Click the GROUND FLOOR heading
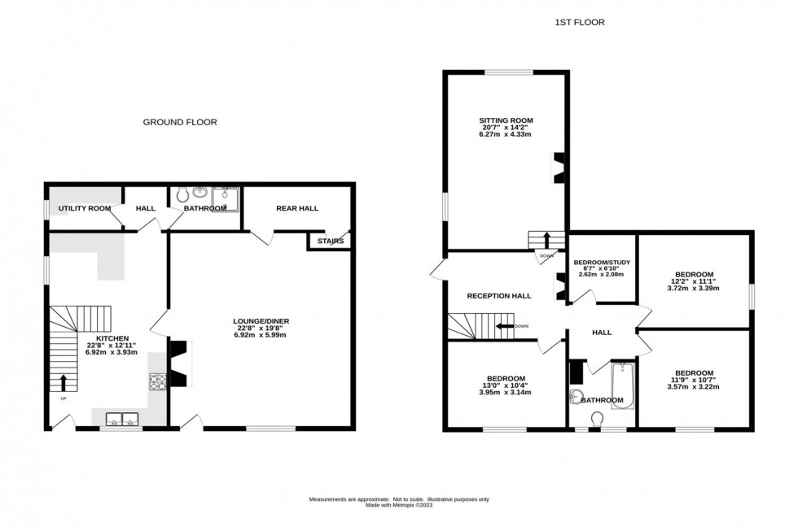pos(180,122)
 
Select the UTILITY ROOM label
pos(85,209)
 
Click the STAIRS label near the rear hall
pos(330,242)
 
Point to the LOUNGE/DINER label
pos(261,321)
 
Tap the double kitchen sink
pos(121,419)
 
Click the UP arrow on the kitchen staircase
pos(63,382)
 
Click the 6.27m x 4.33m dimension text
pos(505,134)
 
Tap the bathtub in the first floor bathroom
pos(622,385)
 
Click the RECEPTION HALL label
pos(499,296)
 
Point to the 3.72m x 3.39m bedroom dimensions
pos(694,288)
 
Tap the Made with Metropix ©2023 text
pos(398,505)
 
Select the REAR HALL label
pos(296,208)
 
